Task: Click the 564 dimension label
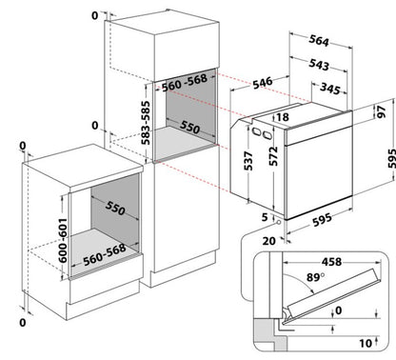pos(319,40)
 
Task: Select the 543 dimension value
pos(319,64)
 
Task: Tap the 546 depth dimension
pos(263,83)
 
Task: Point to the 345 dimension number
pos(330,89)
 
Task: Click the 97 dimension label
pos(382,111)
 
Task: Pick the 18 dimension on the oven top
pos(282,117)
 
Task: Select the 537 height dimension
pos(248,161)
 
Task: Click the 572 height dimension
pos(273,156)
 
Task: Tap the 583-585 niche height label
pos(146,123)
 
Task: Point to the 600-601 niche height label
pos(63,240)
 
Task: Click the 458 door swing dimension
pos(331,262)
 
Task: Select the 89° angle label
pos(315,277)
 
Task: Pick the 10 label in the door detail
pos(366,343)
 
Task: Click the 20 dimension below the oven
pos(268,241)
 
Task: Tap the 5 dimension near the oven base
pos(265,217)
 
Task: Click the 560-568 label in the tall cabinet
pos(185,83)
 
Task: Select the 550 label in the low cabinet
pos(115,208)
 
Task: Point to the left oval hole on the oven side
pos(256,130)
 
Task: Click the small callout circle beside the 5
pos(278,222)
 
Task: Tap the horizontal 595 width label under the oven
pos(323,220)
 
